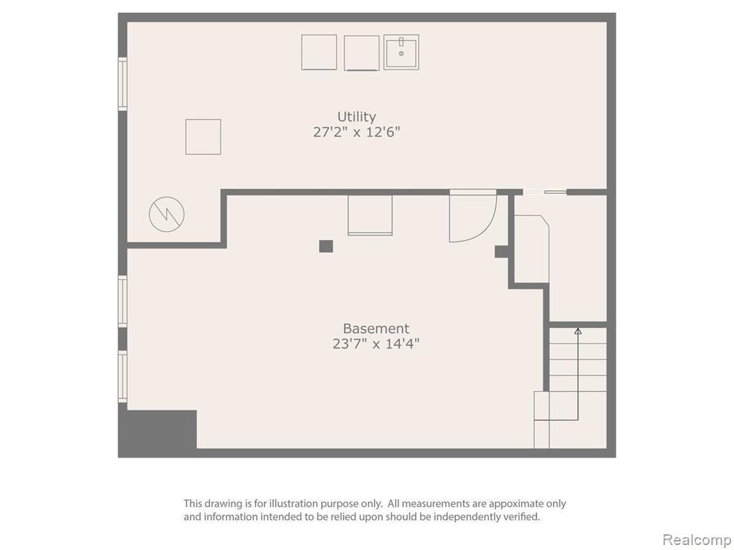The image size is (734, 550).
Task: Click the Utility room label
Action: [356, 116]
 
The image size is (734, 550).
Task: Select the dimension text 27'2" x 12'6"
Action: [356, 132]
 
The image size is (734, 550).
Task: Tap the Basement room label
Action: [376, 328]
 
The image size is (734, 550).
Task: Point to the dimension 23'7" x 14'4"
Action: [376, 344]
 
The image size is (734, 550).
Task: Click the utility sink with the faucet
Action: [401, 52]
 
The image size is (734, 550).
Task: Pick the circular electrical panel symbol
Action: [166, 214]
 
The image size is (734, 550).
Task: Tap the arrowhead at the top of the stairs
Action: [578, 331]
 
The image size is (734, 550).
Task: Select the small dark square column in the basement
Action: [326, 246]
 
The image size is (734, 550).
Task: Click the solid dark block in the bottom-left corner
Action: [157, 430]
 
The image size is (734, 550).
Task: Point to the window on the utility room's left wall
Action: [122, 85]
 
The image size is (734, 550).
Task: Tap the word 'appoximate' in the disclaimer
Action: [515, 503]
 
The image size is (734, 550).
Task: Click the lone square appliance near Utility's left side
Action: [203, 137]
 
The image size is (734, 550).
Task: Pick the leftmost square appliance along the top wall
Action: [319, 52]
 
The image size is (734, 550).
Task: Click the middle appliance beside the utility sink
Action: [361, 53]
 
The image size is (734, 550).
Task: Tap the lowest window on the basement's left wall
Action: [122, 377]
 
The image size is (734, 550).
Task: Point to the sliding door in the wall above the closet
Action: [545, 192]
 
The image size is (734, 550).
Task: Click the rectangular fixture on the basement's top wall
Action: [370, 215]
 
